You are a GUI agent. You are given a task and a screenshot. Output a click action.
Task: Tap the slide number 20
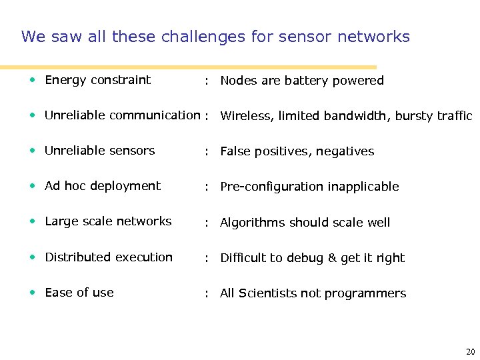tap(471, 351)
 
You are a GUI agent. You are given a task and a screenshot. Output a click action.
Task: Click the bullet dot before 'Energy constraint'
tap(33, 80)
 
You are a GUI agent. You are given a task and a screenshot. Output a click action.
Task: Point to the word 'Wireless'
tap(245, 116)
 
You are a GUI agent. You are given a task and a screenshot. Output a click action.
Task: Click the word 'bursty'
tap(415, 116)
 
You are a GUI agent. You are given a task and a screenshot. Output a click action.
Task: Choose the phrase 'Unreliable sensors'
tap(99, 151)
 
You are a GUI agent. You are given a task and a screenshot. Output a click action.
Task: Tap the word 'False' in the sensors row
tap(235, 151)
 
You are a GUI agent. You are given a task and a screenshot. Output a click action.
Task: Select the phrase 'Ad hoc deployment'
tap(103, 186)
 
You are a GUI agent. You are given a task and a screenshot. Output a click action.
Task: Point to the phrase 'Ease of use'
tap(79, 292)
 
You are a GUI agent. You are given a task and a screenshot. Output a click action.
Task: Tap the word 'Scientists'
tap(269, 293)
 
